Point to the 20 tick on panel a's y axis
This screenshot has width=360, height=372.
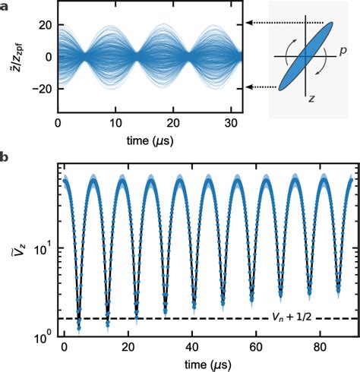40,24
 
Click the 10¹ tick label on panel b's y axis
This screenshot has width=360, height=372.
42,247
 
